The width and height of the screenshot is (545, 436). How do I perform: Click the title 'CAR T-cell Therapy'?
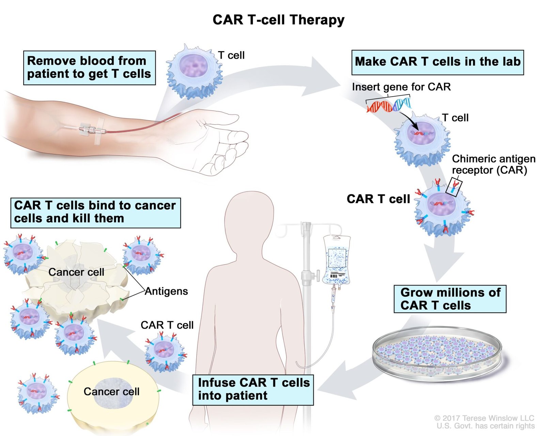coord(278,20)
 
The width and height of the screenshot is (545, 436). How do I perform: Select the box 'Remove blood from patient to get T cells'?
coord(89,67)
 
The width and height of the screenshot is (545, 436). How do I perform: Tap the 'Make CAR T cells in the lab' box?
coord(437,62)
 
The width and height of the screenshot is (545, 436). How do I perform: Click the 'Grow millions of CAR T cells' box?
coord(450,299)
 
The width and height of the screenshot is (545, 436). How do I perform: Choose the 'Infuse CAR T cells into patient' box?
coord(253,389)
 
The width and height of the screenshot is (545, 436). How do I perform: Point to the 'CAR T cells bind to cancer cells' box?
coord(95,212)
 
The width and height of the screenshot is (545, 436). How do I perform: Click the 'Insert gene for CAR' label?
coord(401,87)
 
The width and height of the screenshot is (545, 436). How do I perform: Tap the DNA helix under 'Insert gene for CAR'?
coord(388,105)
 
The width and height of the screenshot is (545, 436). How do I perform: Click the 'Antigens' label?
coord(166,291)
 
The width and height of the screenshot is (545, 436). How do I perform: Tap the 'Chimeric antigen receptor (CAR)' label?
coord(493,164)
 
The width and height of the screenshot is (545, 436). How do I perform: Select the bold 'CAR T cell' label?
coord(378,199)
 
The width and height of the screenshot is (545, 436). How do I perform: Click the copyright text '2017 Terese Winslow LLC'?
coord(487,418)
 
